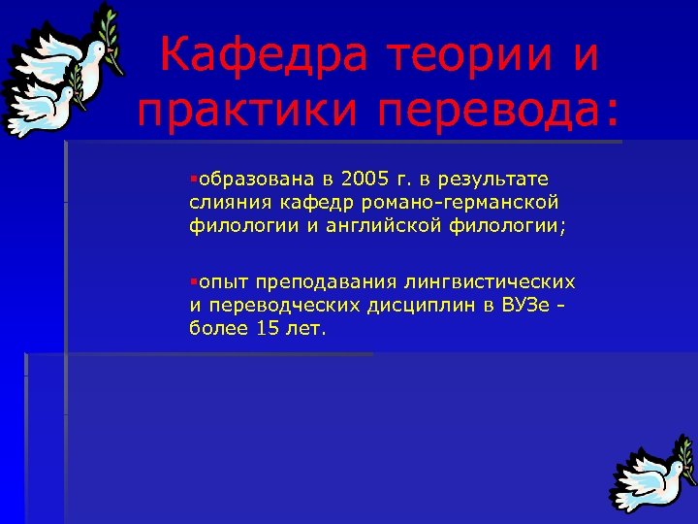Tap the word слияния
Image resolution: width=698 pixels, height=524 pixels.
pyautogui.click(x=225, y=201)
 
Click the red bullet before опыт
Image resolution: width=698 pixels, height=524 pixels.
pyautogui.click(x=194, y=282)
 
